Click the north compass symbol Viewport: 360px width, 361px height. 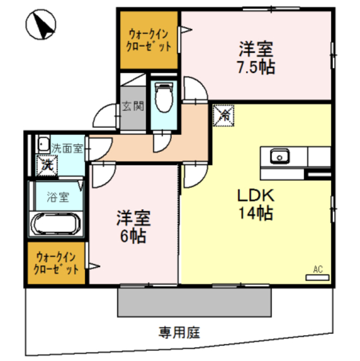tap(42, 25)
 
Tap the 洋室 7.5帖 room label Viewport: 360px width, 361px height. tap(255, 58)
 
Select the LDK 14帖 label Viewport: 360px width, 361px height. tap(255, 205)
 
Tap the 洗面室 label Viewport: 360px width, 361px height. tap(67, 149)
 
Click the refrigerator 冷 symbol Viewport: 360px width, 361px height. tap(223, 115)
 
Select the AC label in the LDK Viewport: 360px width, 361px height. tap(318, 269)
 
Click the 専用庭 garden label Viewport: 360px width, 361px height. tap(180, 332)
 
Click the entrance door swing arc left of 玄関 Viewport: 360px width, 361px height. tap(105, 117)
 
